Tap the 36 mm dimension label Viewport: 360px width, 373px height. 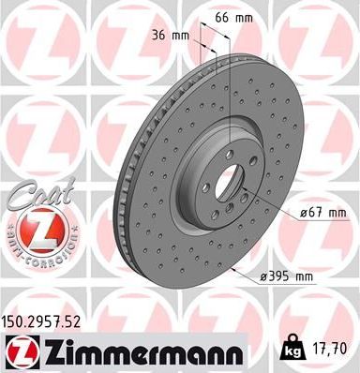point(175,36)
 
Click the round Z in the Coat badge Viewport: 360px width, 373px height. point(35,229)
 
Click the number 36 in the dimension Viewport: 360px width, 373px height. point(165,36)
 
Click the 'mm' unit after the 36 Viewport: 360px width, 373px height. point(185,36)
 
